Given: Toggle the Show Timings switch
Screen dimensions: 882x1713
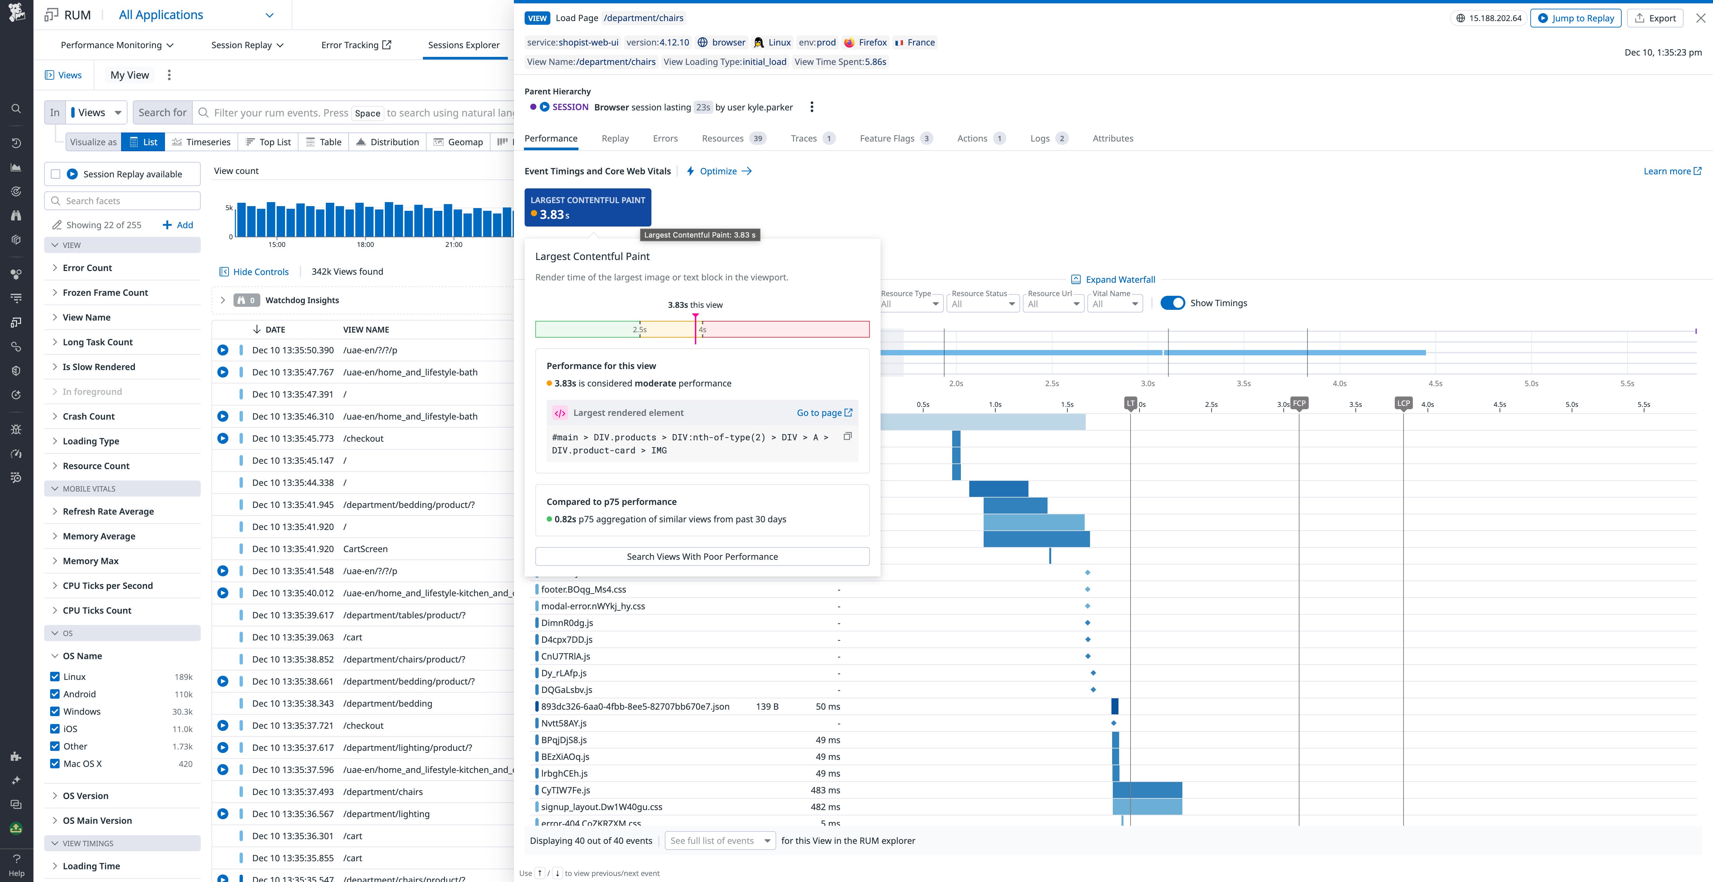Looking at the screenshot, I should (1172, 303).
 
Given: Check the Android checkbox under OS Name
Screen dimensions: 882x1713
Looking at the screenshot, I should (55, 694).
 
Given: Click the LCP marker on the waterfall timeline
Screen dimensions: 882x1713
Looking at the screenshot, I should (1403, 403).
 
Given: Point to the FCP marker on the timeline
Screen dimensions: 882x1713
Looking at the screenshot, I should (1299, 403).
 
